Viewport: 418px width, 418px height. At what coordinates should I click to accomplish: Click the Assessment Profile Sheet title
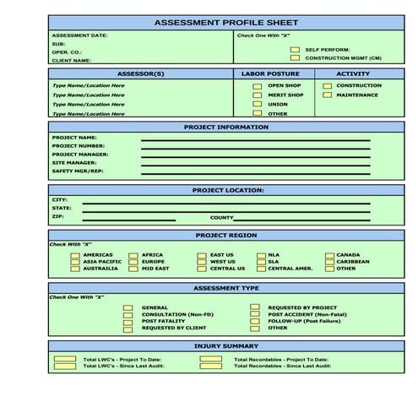coord(225,22)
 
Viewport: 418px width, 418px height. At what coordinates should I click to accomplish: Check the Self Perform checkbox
coord(295,50)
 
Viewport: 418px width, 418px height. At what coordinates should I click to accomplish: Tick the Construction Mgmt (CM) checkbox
coord(295,58)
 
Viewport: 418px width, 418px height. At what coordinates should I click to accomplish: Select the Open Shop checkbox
coord(258,85)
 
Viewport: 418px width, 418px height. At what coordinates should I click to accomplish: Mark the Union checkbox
coord(258,104)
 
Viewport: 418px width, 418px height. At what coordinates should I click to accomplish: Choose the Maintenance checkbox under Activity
coord(327,95)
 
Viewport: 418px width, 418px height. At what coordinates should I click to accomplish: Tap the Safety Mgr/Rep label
coord(78,171)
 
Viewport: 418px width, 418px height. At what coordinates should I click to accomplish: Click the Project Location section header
coord(227,190)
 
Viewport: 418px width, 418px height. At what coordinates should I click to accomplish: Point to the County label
coord(221,217)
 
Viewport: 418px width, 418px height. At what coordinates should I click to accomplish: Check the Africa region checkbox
coord(133,254)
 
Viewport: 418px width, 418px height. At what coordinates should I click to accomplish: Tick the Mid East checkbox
coord(133,269)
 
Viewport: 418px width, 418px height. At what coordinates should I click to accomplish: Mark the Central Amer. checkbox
coord(261,269)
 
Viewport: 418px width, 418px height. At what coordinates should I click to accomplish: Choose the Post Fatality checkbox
coord(128,321)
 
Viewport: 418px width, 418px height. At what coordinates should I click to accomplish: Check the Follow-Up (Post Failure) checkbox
coord(258,321)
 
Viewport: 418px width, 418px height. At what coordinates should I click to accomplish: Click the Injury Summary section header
coord(226,346)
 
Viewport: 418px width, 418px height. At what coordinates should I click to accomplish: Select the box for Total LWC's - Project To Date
coord(64,359)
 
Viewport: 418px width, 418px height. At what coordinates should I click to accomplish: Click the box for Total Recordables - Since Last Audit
coord(211,366)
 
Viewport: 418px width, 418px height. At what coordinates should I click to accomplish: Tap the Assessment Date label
coord(79,35)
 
